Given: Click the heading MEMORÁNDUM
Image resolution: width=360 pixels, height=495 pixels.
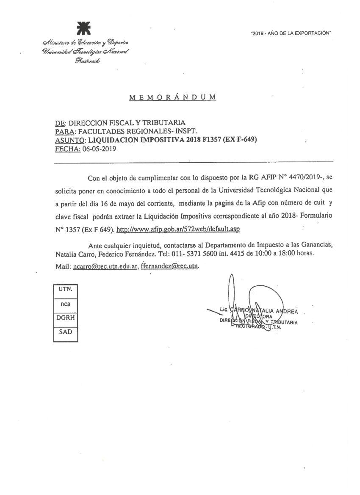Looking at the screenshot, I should tap(172, 97).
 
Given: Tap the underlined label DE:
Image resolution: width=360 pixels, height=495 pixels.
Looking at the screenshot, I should tap(60, 123).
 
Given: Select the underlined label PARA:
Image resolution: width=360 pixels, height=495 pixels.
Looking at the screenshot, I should tap(64, 132).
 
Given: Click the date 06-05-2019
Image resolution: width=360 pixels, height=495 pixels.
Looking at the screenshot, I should tap(99, 149).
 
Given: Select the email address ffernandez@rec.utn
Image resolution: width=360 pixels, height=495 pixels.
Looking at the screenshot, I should tap(169, 267).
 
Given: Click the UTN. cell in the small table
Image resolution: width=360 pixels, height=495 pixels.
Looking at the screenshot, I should tap(65, 290).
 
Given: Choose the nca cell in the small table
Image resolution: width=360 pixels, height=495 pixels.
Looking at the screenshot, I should tap(65, 304).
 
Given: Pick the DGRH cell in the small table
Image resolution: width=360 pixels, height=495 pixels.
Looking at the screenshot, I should tap(65, 318).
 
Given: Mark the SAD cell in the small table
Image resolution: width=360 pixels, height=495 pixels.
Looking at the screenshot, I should tap(65, 332).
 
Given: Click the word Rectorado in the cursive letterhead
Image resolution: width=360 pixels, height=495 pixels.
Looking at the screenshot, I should tap(87, 61).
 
